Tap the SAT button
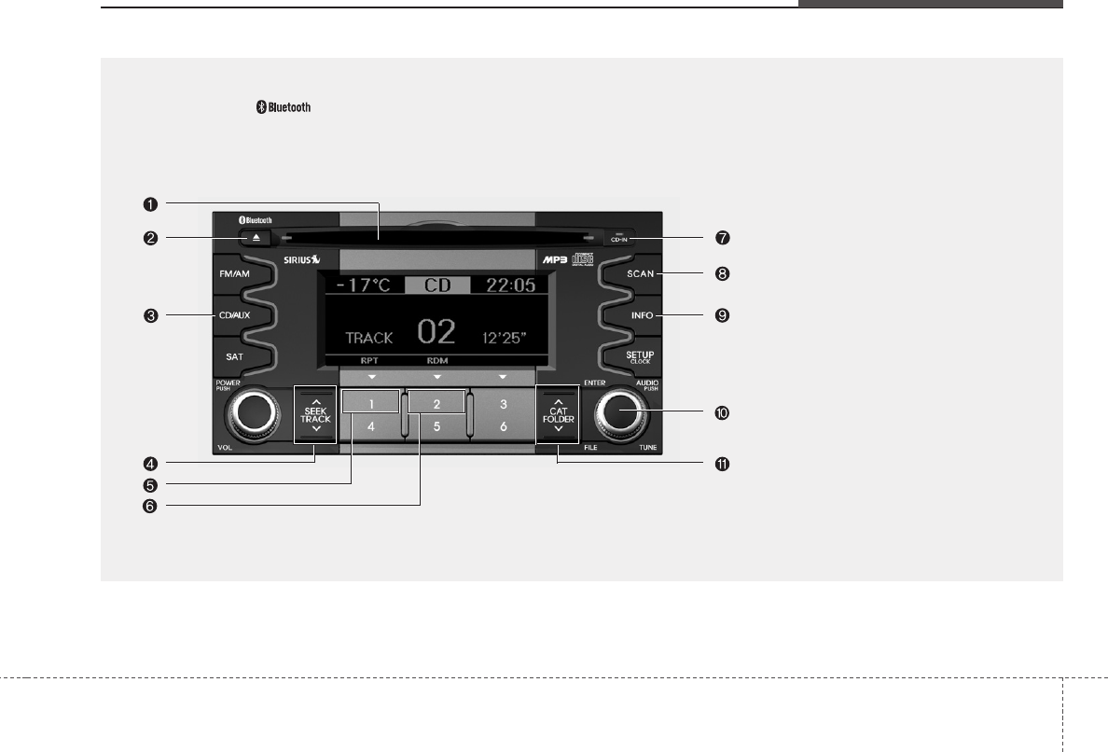235,356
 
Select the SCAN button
639,274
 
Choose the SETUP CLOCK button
640,356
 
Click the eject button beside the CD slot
254,238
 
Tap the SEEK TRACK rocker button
316,411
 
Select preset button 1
370,404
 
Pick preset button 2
436,404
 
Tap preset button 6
503,426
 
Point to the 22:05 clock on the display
504,285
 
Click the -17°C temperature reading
365,285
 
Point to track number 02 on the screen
436,333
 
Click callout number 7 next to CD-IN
721,238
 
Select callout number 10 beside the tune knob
721,412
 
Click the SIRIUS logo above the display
302,258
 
